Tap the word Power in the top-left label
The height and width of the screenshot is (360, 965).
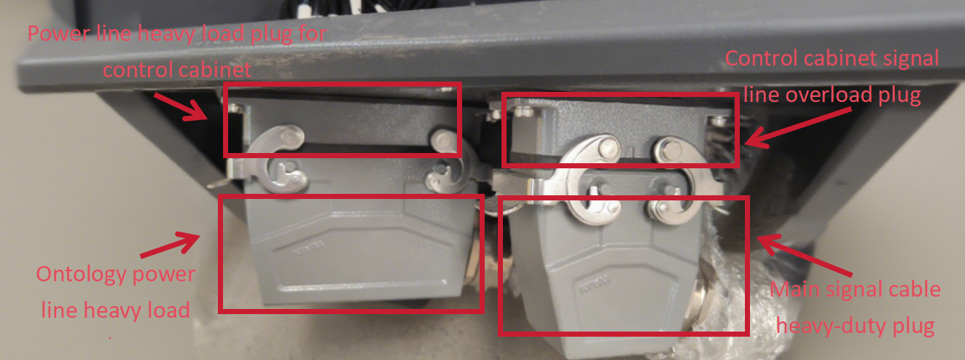[x=58, y=34]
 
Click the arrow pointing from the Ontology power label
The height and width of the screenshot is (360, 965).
[x=170, y=245]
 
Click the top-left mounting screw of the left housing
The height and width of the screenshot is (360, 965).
[x=235, y=107]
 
